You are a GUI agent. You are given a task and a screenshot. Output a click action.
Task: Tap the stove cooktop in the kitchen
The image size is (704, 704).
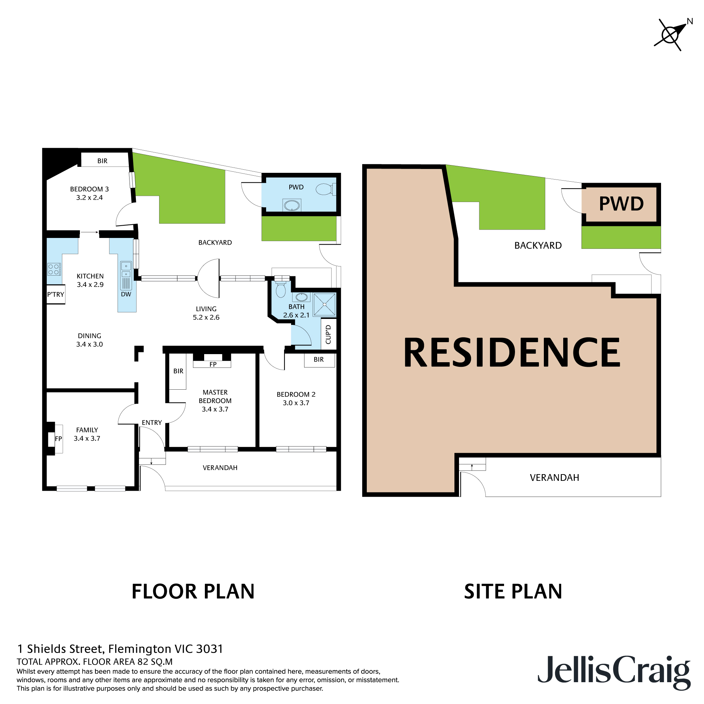[x=54, y=269]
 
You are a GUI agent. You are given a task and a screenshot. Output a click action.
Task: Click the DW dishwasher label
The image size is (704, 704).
[x=126, y=294]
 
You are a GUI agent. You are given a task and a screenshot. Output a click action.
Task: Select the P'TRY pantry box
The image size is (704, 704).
[x=56, y=294]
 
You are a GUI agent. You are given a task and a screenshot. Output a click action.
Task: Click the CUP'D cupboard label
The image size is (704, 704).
[x=328, y=334]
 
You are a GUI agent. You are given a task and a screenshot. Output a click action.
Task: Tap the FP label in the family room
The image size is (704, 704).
[x=58, y=439]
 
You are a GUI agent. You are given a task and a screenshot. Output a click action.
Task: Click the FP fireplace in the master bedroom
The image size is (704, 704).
[x=213, y=364]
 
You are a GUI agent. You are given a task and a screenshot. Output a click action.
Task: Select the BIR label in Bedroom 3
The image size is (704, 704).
[x=102, y=161]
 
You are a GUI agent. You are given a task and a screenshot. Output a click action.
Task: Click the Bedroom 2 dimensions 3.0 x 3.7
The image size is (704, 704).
[x=296, y=403]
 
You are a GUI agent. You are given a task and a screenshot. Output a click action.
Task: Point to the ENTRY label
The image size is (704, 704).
[x=152, y=423]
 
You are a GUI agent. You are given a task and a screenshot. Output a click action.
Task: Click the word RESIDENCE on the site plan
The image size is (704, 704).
[x=511, y=352]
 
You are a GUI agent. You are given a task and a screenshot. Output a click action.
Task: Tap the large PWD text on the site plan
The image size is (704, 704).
[x=621, y=204]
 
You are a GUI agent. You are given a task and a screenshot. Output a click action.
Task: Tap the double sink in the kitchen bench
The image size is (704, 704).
[x=126, y=270]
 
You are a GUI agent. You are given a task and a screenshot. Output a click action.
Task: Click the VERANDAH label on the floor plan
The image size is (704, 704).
[x=220, y=468]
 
